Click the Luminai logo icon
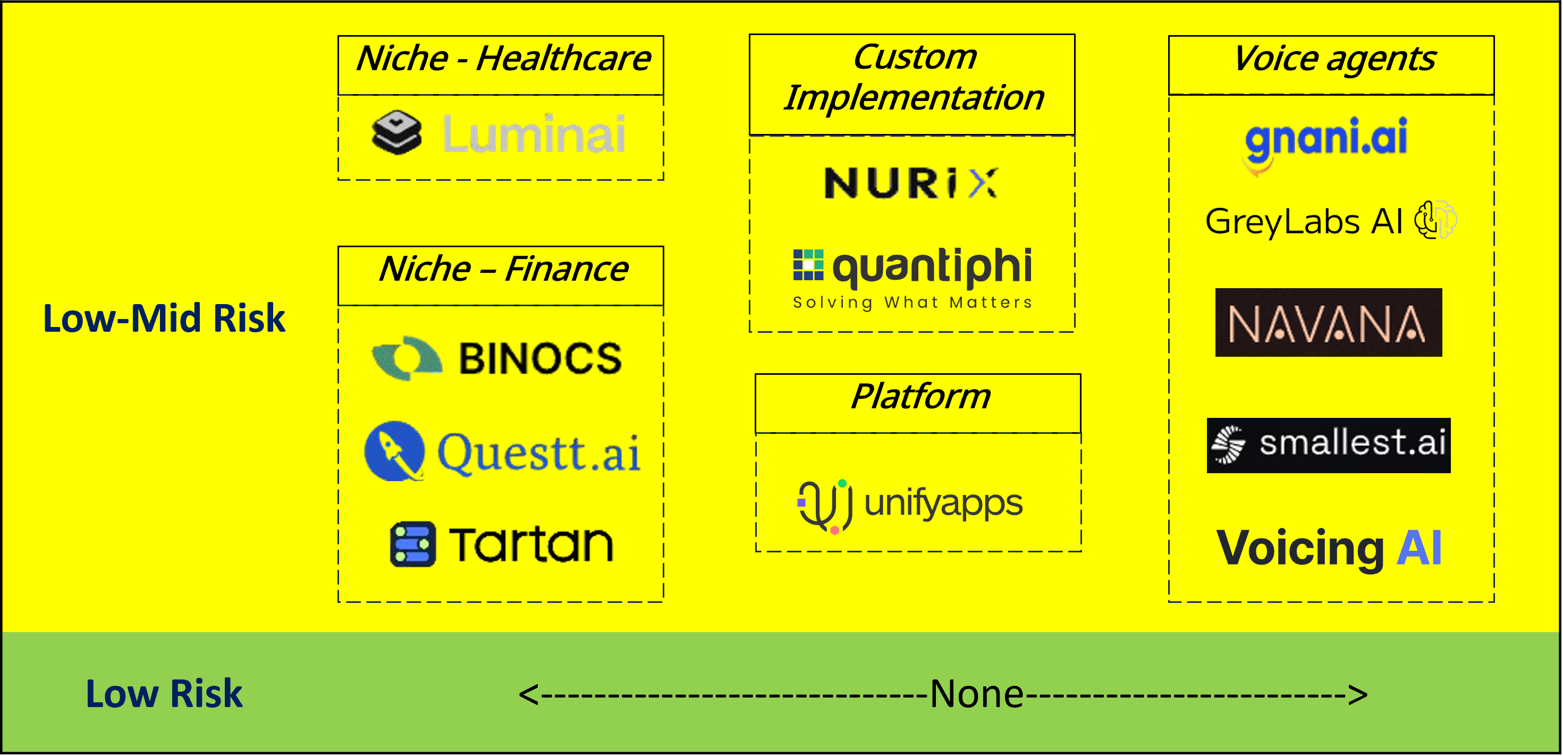pos(396,132)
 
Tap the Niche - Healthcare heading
pos(502,60)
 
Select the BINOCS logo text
pos(540,358)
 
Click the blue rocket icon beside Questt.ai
pos(394,451)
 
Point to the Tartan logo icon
pos(412,544)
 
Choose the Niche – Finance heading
pos(502,270)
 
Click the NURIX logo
pos(910,183)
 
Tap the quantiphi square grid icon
pos(808,265)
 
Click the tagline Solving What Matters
pos(912,302)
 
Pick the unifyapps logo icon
pos(825,505)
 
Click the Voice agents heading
pos(1333,60)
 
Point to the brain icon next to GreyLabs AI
pos(1435,220)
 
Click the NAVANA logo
pos(1328,322)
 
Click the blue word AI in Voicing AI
pos(1418,548)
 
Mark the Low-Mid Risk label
pos(164,318)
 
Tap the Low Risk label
pos(164,693)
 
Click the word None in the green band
pos(976,693)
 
